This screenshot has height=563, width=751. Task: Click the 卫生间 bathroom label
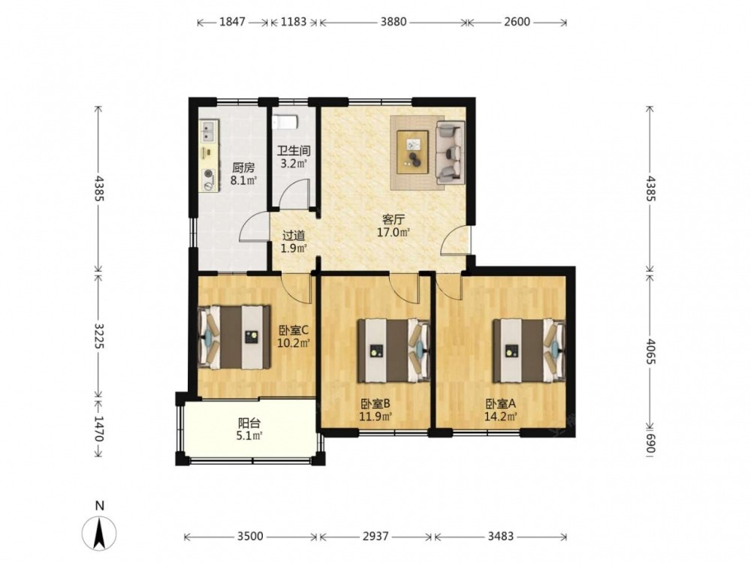pyautogui.click(x=294, y=151)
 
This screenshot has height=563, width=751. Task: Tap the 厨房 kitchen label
pyautogui.click(x=243, y=168)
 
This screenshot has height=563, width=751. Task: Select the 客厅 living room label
pyautogui.click(x=394, y=220)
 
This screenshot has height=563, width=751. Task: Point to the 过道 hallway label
pyautogui.click(x=293, y=236)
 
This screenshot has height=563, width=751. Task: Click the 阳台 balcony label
pyautogui.click(x=249, y=423)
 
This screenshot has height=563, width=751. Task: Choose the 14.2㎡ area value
pyautogui.click(x=500, y=417)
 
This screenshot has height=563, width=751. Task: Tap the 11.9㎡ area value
pyautogui.click(x=375, y=416)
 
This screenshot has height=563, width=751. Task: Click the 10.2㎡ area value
pyautogui.click(x=294, y=343)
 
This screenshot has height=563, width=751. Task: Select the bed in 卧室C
pyautogui.click(x=234, y=338)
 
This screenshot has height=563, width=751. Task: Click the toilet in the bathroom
pyautogui.click(x=286, y=122)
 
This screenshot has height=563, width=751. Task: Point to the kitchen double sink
pyautogui.click(x=208, y=131)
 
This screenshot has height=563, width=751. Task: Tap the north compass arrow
pyautogui.click(x=99, y=533)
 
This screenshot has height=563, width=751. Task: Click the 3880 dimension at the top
pyautogui.click(x=394, y=22)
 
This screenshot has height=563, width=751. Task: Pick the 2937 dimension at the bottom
pyautogui.click(x=375, y=536)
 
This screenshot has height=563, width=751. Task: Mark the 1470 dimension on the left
pyautogui.click(x=98, y=429)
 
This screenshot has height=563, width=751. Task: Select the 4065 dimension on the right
pyautogui.click(x=650, y=351)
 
